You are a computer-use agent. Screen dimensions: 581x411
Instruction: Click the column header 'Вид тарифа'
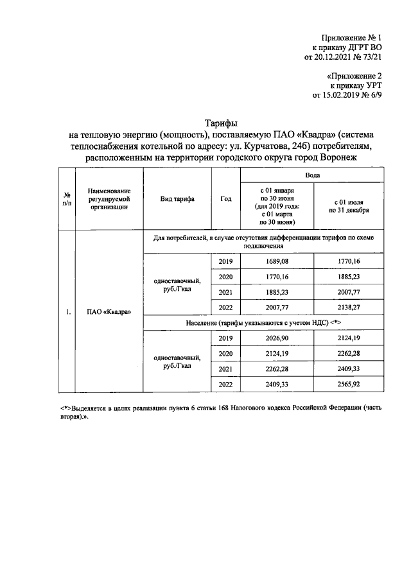(177, 200)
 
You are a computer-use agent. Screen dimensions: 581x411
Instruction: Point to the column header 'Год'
(225, 200)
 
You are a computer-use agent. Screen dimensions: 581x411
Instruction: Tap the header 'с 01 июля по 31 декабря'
(349, 205)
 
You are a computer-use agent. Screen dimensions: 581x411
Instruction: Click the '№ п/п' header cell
(67, 200)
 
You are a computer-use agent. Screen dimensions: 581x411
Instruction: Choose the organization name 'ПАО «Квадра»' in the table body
(109, 313)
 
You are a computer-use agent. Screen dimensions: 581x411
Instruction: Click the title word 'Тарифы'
(222, 123)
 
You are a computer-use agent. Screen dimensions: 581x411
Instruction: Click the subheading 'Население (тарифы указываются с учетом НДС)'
(263, 323)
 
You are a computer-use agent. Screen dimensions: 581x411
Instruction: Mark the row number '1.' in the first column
(67, 313)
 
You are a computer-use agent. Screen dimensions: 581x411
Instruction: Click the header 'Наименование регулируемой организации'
(109, 200)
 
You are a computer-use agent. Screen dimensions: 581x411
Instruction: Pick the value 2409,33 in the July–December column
(349, 369)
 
